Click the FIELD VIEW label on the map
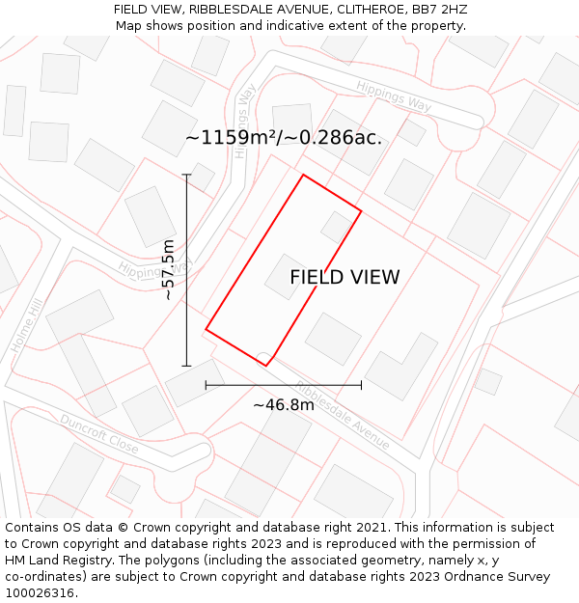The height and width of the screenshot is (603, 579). [345, 278]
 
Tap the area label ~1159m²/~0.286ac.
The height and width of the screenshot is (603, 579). [284, 138]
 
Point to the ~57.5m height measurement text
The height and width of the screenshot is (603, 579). [169, 270]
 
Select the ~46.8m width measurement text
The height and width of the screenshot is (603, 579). [284, 405]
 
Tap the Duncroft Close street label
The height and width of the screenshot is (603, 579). [98, 434]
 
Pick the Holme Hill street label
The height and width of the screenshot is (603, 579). [27, 325]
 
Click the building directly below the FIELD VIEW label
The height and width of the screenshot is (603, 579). [333, 338]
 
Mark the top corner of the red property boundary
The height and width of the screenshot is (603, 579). [304, 175]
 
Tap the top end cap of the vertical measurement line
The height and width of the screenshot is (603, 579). [187, 175]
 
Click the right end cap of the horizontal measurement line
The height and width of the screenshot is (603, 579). [361, 385]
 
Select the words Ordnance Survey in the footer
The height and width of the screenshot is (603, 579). [502, 577]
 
